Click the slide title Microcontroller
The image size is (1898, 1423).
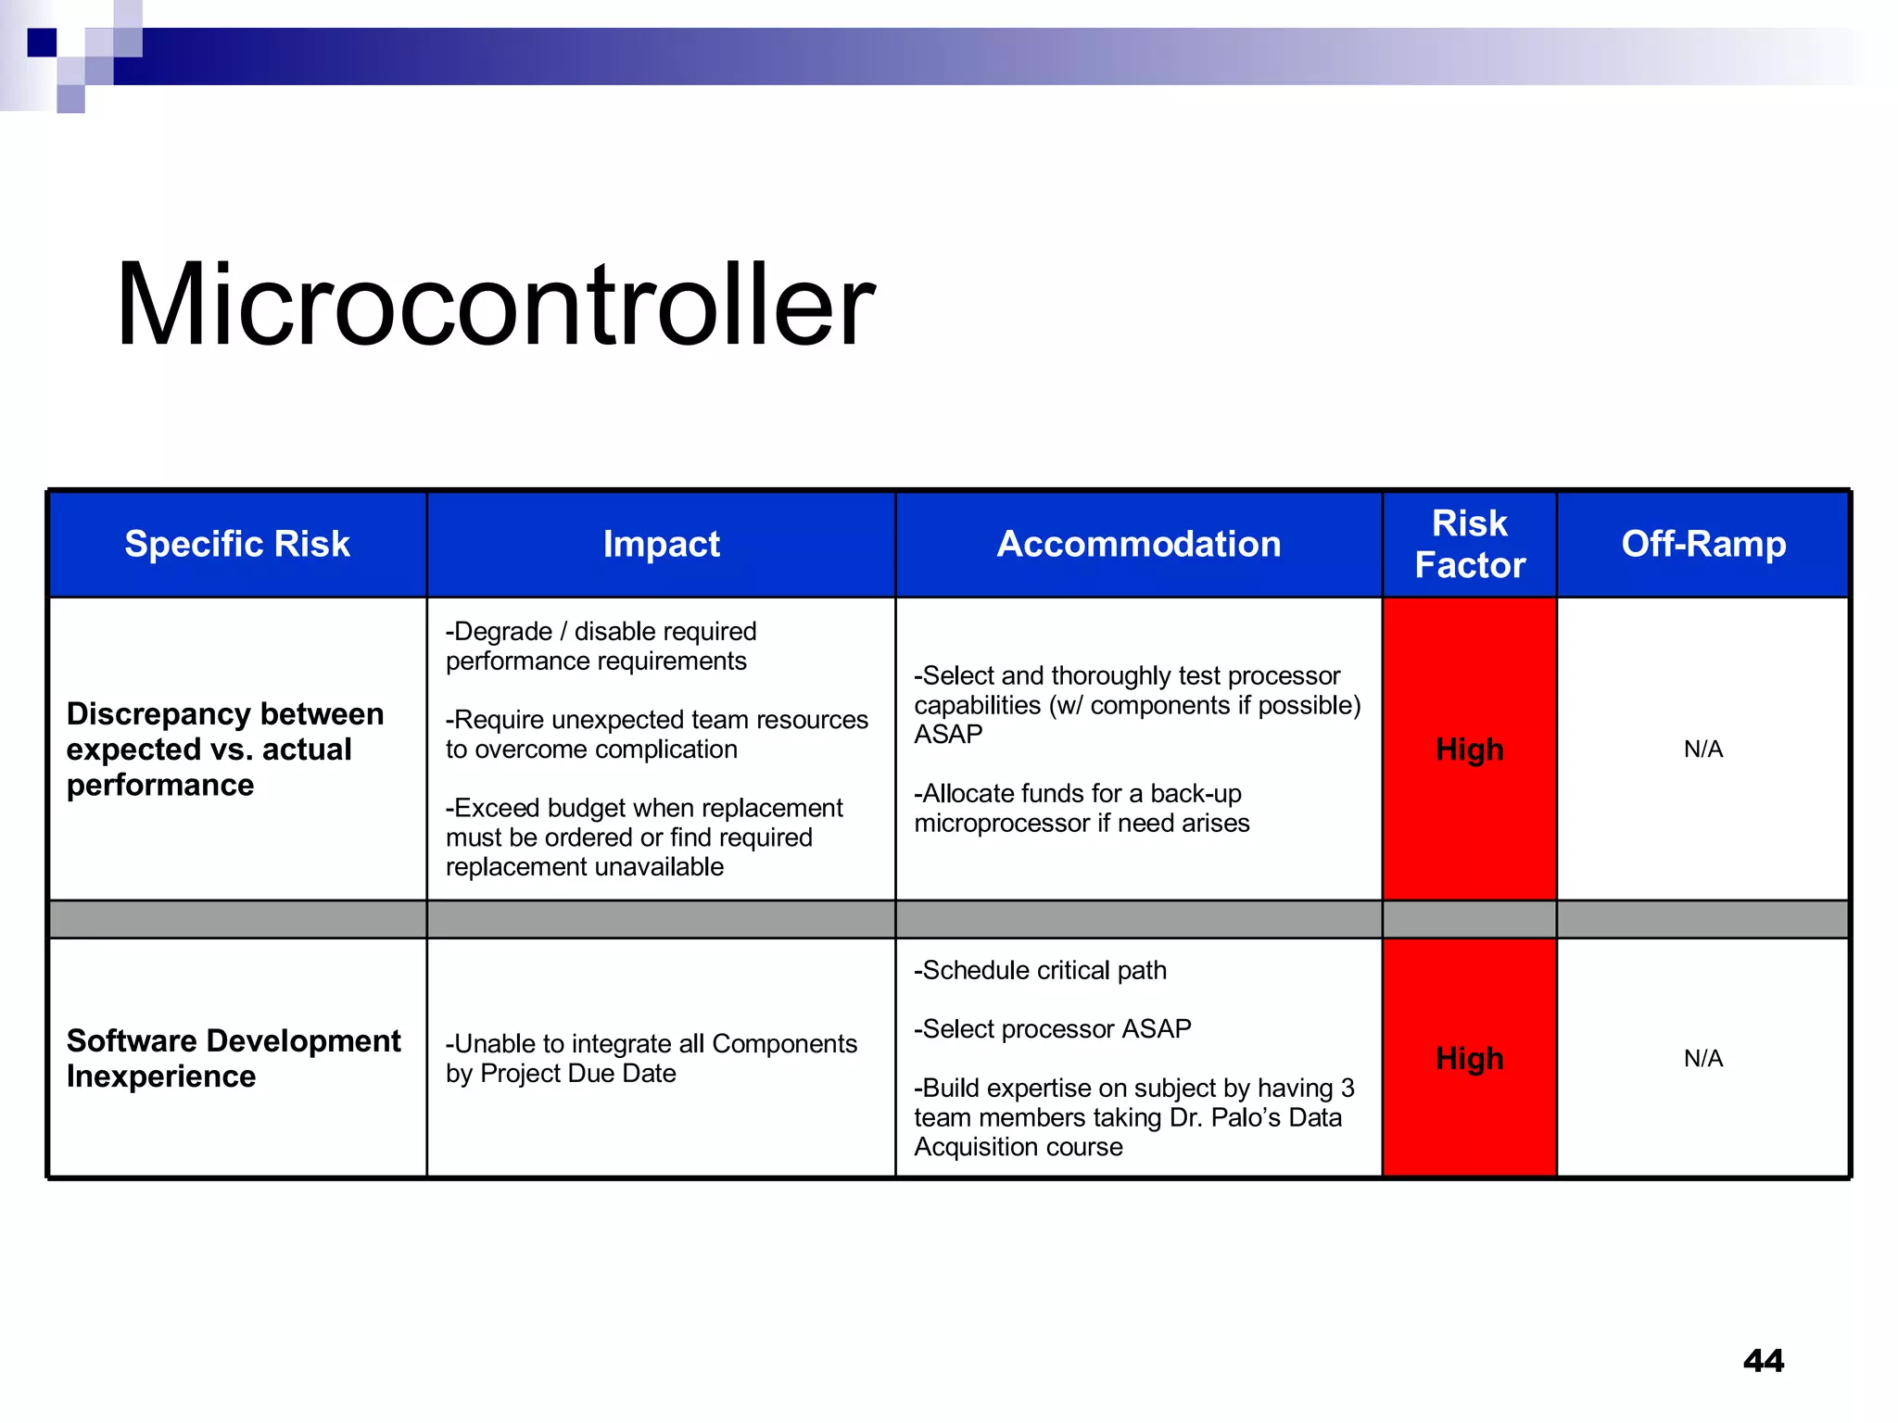click(x=495, y=306)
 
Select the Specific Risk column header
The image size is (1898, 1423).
click(x=237, y=544)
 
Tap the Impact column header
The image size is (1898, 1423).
click(x=661, y=544)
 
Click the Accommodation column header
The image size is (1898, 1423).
click(x=1138, y=544)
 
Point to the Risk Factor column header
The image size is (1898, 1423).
click(x=1469, y=544)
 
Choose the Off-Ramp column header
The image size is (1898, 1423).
click(x=1702, y=544)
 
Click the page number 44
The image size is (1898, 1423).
click(x=1763, y=1360)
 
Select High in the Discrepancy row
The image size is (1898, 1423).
click(x=1469, y=749)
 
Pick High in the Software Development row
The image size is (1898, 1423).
click(x=1469, y=1058)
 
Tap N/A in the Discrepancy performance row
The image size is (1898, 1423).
click(x=1702, y=749)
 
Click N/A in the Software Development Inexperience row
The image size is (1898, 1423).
click(x=1702, y=1058)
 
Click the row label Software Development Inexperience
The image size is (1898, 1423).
click(x=234, y=1058)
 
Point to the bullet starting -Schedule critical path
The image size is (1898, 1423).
click(x=1040, y=970)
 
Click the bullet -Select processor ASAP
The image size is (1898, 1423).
click(x=1052, y=1028)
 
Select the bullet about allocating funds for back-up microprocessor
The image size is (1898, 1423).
click(x=1081, y=808)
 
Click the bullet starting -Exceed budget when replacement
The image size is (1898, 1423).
click(x=643, y=837)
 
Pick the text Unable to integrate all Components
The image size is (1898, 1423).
click(x=652, y=1044)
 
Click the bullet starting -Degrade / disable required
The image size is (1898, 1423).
click(x=601, y=646)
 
